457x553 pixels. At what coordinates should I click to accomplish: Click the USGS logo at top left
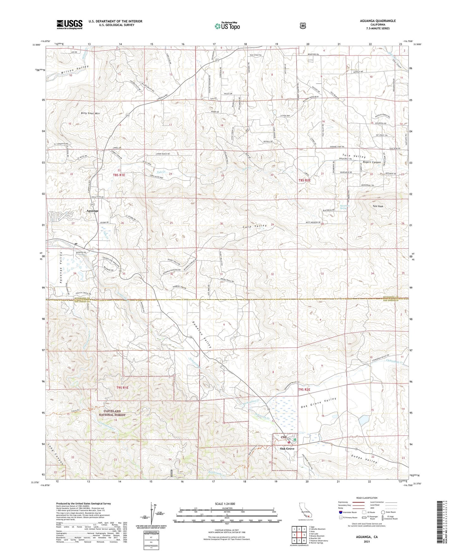click(x=69, y=24)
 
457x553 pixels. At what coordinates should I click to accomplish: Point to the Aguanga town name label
click(x=92, y=211)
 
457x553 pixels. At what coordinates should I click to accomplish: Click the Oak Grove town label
click(x=287, y=449)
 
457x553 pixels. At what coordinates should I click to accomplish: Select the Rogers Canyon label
click(x=372, y=162)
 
